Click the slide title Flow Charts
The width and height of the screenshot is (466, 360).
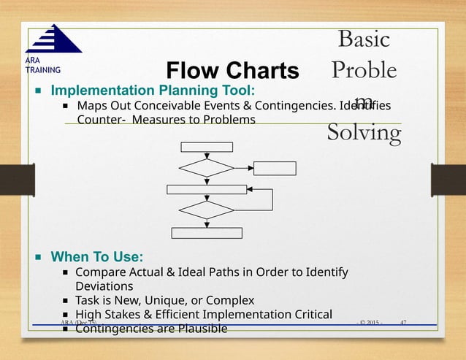coord(232,71)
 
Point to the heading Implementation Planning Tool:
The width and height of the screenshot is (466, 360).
coord(153,91)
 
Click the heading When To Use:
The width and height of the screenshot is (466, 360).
coord(96,257)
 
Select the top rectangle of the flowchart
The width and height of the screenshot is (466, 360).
coord(207,147)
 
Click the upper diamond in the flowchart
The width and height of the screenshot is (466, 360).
coord(207,167)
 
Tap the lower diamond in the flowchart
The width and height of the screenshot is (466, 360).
coord(207,210)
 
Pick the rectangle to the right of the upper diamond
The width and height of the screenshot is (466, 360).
coord(275,168)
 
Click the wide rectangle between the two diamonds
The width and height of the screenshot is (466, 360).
coord(207,190)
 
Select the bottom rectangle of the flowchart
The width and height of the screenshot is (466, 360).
coord(207,233)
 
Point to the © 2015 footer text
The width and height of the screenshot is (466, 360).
coord(369,322)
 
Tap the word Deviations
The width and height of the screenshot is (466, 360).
coord(104,286)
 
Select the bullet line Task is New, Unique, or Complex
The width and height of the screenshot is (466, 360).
coord(165,300)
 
